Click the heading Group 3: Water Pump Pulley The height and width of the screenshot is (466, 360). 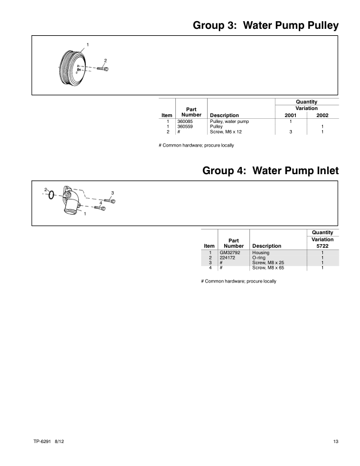265,26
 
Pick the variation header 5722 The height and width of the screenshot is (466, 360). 323,246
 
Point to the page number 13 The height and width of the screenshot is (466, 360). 335,441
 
